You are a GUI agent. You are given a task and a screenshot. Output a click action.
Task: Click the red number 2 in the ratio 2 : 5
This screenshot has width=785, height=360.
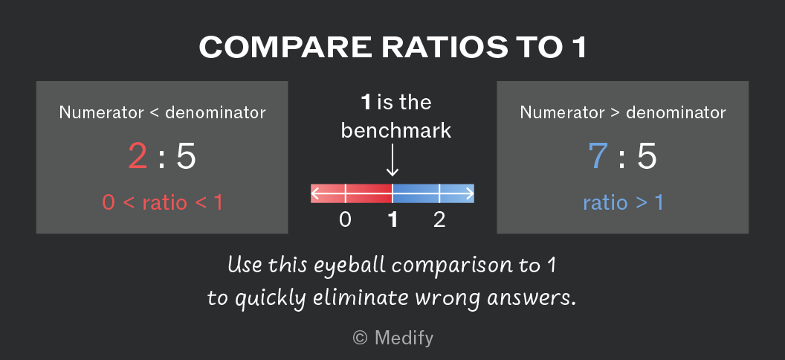(x=138, y=155)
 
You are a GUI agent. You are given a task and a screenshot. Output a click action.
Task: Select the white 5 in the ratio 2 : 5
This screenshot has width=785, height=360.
(x=186, y=156)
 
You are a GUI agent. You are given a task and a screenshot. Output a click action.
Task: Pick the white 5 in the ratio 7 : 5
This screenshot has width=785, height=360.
(x=646, y=156)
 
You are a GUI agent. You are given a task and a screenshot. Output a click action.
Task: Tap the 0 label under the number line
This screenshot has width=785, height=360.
(x=345, y=220)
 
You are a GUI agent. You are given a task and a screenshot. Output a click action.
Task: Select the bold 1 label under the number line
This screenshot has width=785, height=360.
(x=393, y=220)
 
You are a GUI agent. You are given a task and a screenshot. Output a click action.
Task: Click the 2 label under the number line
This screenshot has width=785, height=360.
(x=439, y=220)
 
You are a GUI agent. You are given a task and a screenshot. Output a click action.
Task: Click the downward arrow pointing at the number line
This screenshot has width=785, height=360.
(x=392, y=160)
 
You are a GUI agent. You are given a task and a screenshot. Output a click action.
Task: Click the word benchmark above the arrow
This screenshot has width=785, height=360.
(x=396, y=131)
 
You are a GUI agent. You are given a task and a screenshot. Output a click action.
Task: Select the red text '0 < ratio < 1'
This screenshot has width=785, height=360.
(x=162, y=203)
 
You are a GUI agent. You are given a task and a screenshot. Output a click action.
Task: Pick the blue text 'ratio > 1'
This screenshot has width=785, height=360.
(x=623, y=203)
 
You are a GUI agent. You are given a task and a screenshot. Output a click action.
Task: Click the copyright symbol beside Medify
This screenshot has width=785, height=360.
(x=360, y=338)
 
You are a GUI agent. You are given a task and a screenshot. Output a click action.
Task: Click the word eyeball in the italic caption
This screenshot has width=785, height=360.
(x=344, y=265)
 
